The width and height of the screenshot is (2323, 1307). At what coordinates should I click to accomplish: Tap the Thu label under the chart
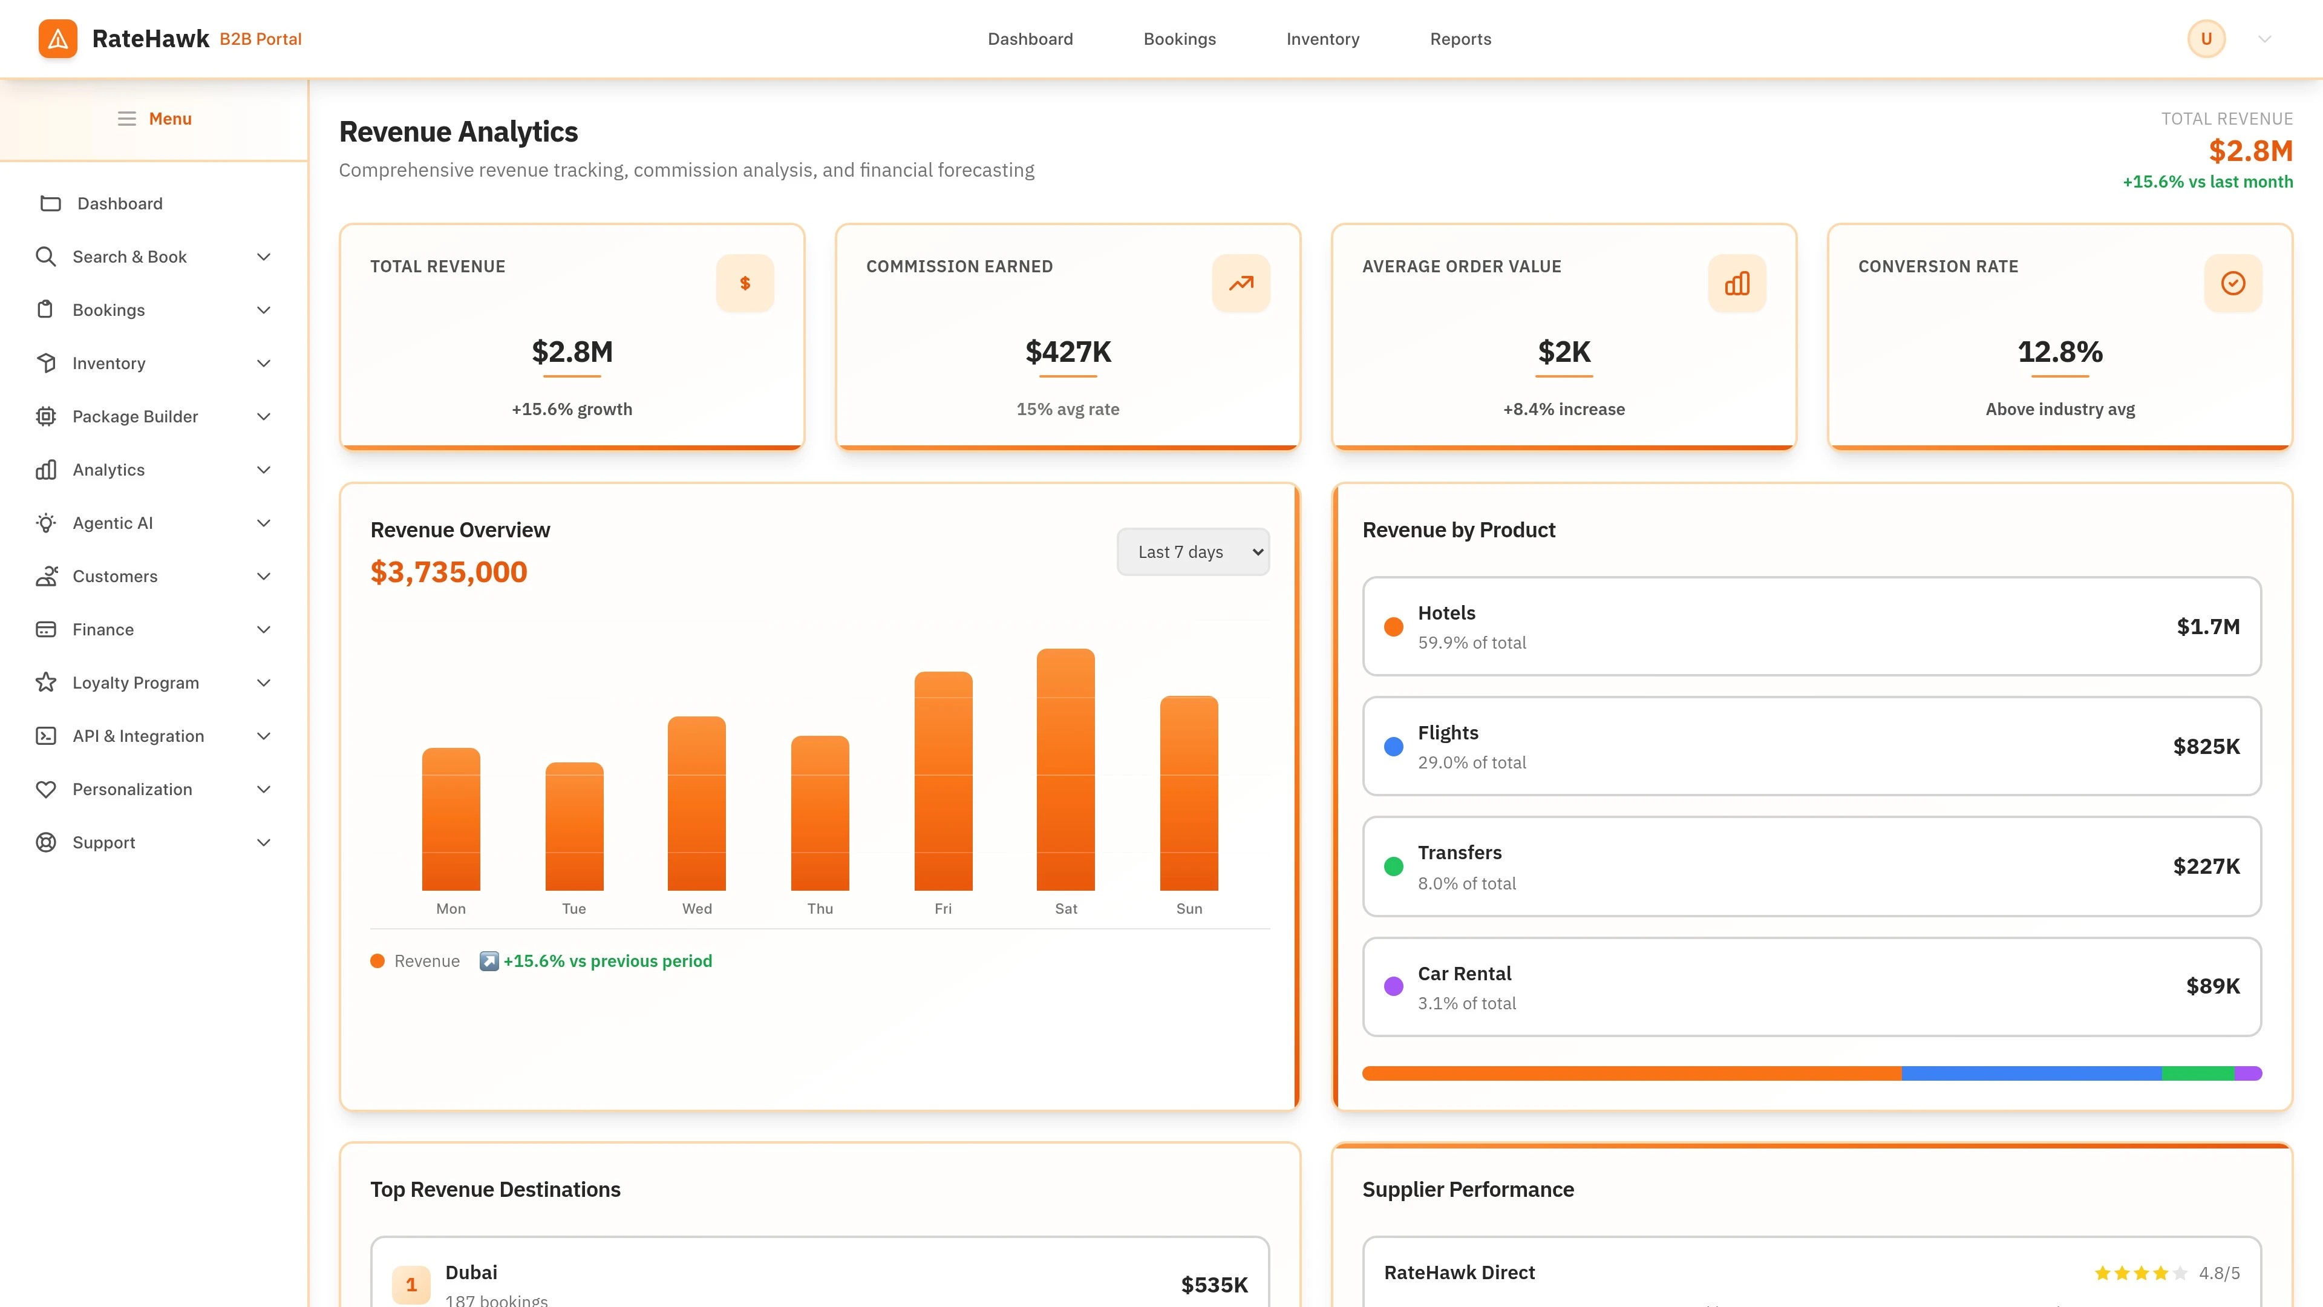point(820,908)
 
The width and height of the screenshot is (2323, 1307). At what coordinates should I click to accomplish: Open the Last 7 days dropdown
point(1192,552)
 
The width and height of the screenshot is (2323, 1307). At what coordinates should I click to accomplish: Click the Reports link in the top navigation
point(1460,39)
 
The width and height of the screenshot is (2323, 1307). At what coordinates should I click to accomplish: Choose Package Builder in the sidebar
point(136,417)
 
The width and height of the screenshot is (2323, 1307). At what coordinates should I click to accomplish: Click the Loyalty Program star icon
point(46,683)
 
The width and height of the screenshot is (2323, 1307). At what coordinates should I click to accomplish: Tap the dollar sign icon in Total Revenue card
point(745,283)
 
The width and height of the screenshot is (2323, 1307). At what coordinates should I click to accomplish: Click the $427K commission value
point(1068,352)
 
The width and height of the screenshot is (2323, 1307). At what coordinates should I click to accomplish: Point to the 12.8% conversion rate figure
point(2060,352)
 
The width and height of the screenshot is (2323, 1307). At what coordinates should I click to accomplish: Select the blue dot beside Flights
point(1393,747)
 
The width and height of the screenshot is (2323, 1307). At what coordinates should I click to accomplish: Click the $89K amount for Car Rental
point(2212,986)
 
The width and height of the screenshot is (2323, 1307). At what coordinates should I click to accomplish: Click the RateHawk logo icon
point(57,39)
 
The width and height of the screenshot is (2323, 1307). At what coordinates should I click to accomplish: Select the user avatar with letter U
point(2206,39)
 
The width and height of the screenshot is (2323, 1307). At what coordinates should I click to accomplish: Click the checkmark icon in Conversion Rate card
point(2233,283)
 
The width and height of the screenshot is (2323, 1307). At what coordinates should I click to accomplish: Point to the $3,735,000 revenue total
point(448,572)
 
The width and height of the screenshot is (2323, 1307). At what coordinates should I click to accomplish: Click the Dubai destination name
point(471,1272)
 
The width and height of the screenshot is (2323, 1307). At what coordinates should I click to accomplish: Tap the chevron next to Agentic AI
point(263,523)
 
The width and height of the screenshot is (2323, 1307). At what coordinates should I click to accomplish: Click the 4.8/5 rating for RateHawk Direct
point(2218,1273)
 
